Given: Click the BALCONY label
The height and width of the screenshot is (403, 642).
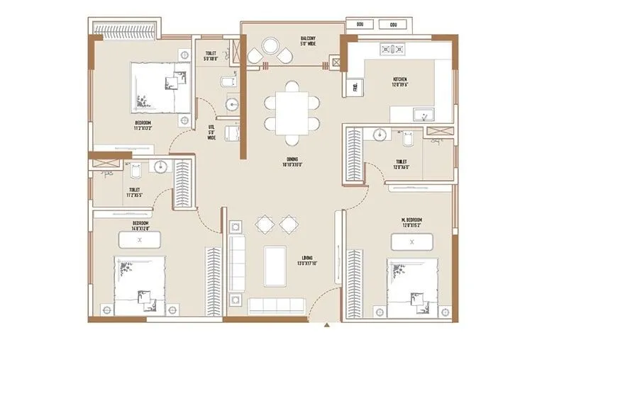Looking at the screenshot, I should pyautogui.click(x=306, y=41).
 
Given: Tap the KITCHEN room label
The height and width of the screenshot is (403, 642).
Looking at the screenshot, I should pyautogui.click(x=400, y=82).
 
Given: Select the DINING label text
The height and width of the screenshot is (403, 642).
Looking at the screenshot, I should pyautogui.click(x=292, y=162).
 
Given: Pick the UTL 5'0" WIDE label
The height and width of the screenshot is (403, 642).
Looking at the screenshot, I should pyautogui.click(x=211, y=133).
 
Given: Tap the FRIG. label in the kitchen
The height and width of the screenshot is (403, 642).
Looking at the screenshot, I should pyautogui.click(x=355, y=87).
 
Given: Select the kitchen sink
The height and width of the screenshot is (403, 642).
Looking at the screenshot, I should pyautogui.click(x=427, y=113).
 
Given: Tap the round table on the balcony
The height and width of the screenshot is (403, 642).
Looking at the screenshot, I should pyautogui.click(x=271, y=47).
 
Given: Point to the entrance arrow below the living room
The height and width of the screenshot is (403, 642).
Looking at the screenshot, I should pyautogui.click(x=326, y=325).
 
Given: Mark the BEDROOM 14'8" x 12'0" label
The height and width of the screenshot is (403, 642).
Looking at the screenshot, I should pyautogui.click(x=139, y=226).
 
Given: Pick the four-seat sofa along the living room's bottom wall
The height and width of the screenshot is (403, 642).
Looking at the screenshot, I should pyautogui.click(x=277, y=305).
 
